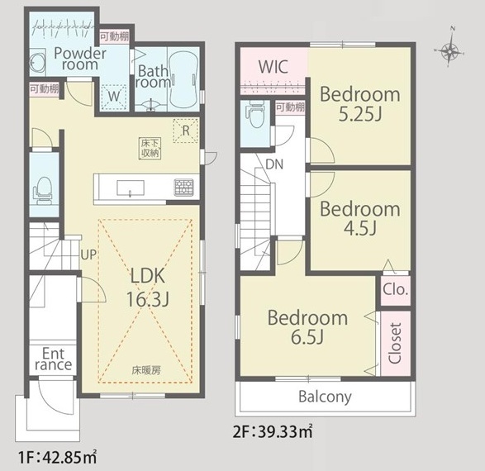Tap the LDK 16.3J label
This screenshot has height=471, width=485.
pyautogui.click(x=148, y=288)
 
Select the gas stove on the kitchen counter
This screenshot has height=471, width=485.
pyautogui.click(x=184, y=188)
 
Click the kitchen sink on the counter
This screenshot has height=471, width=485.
pyautogui.click(x=131, y=188)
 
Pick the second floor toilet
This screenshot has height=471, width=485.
pyautogui.click(x=256, y=113)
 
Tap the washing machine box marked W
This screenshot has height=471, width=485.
pyautogui.click(x=114, y=97)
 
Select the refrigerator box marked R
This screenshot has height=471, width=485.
pyautogui.click(x=186, y=131)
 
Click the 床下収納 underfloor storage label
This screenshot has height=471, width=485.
pyautogui.click(x=150, y=149)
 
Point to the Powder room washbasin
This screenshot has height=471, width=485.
pyautogui.click(x=37, y=62)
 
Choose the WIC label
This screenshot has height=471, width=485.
pyautogui.click(x=273, y=66)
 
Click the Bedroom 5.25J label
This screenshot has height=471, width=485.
pyautogui.click(x=359, y=104)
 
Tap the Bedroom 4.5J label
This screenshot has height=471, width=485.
pyautogui.click(x=359, y=219)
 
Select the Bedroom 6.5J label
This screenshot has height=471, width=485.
pyautogui.click(x=307, y=327)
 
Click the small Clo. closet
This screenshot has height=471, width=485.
pyautogui.click(x=395, y=290)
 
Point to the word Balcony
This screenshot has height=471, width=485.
pyautogui.click(x=325, y=397)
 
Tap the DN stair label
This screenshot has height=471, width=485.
pyautogui.click(x=274, y=164)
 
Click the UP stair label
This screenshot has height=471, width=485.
pyautogui.click(x=88, y=255)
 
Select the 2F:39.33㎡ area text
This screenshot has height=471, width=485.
pyautogui.click(x=273, y=432)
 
